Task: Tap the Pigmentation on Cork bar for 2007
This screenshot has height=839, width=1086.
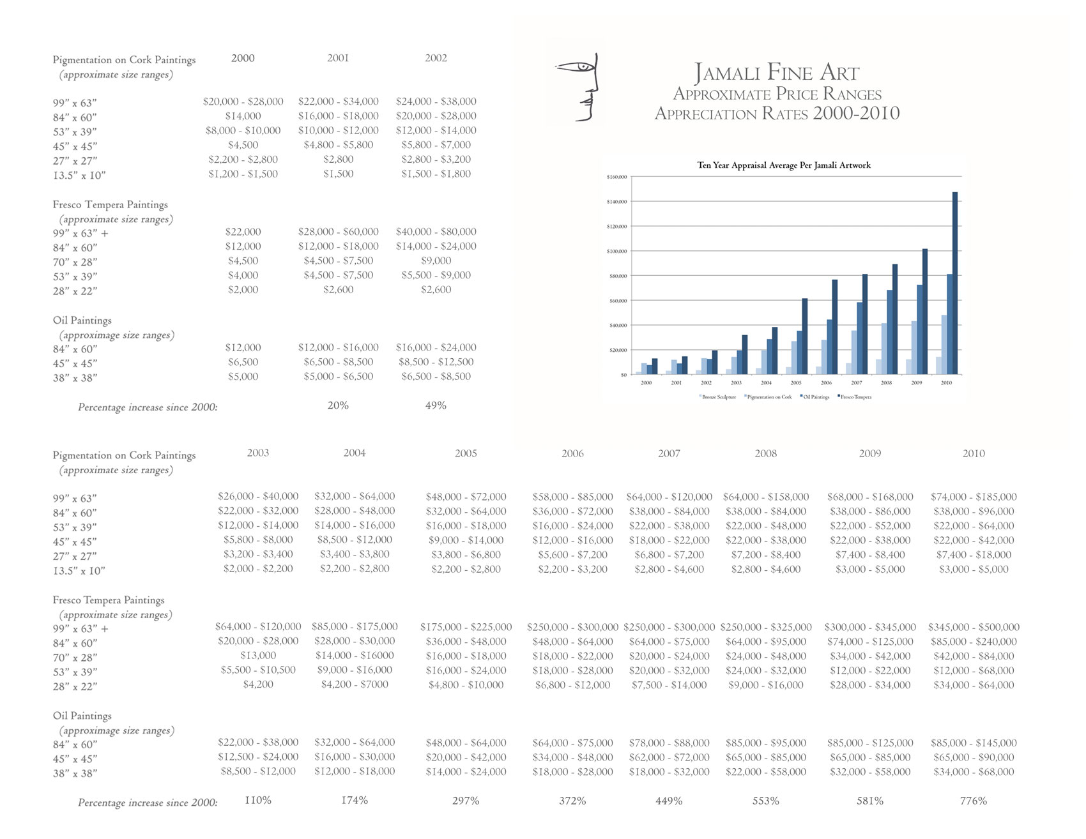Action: (x=854, y=352)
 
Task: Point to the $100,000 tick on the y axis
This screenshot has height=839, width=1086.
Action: (x=616, y=252)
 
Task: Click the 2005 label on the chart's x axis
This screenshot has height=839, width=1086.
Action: (x=796, y=383)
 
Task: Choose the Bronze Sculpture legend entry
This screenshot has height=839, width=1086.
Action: (x=718, y=397)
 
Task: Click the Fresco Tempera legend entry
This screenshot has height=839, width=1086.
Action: (x=855, y=397)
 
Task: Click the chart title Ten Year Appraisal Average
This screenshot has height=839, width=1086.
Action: (x=784, y=165)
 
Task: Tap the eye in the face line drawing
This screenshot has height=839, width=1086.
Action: (x=582, y=66)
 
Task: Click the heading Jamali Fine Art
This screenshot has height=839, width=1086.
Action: (x=777, y=73)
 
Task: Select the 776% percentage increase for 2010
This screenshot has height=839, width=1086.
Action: (x=973, y=801)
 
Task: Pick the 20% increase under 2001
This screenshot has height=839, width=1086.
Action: (x=338, y=405)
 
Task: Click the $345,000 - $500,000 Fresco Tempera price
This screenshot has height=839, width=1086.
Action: (x=973, y=627)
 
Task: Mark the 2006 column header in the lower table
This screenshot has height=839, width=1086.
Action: (x=572, y=453)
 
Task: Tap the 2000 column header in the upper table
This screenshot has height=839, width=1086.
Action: (x=243, y=58)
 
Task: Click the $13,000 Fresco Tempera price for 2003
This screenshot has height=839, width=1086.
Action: (x=258, y=656)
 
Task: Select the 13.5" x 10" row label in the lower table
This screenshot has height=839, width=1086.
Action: (x=79, y=571)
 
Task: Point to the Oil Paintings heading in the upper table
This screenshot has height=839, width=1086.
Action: (x=82, y=321)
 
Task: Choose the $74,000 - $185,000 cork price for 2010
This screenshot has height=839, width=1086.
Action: (x=973, y=497)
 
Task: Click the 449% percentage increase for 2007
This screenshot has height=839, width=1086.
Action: (x=669, y=801)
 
